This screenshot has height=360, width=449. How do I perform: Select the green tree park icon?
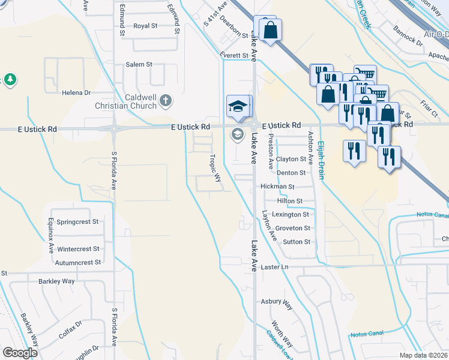point(10,80)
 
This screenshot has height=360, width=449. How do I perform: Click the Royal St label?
point(145,26)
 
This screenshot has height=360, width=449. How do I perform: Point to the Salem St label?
point(139,64)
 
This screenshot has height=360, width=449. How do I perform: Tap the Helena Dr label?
point(76,93)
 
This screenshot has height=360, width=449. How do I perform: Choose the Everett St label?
point(234,55)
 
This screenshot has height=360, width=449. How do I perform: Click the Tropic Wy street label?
point(214,169)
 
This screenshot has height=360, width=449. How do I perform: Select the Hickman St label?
point(277,187)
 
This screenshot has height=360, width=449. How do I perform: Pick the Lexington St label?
point(291,214)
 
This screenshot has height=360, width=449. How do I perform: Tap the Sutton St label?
point(297,242)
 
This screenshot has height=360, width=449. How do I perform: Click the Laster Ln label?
point(275,266)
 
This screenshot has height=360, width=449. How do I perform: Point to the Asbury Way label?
point(276,303)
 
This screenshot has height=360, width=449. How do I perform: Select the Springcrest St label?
point(77,221)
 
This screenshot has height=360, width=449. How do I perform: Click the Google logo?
point(20,353)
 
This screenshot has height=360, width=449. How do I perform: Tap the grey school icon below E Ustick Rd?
point(238,133)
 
